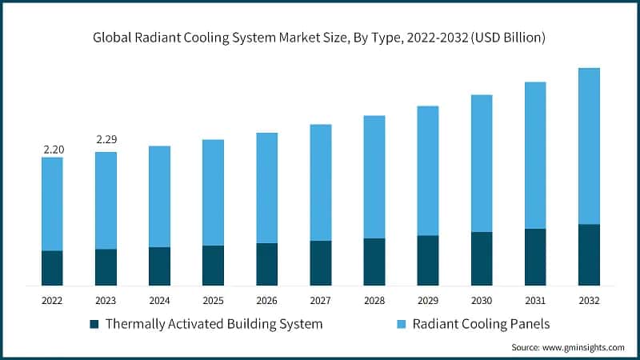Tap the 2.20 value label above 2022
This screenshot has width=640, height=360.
[53, 149]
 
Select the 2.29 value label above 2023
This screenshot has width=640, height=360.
[106, 140]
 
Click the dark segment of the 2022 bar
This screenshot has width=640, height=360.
[53, 268]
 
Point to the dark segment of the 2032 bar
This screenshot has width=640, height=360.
[589, 254]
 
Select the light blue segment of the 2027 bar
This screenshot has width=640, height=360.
[321, 182]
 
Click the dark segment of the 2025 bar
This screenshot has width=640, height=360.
[214, 265]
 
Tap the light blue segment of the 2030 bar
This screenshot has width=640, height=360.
[482, 163]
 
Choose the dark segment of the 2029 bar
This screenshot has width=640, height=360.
[428, 260]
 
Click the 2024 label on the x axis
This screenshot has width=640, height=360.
[160, 300]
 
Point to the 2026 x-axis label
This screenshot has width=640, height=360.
[267, 300]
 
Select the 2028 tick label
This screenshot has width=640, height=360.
[374, 300]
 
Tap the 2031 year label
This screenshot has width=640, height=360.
[535, 300]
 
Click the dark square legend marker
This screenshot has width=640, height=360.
[94, 324]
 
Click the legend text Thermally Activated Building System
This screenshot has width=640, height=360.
[214, 324]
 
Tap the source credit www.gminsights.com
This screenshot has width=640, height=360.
[568, 348]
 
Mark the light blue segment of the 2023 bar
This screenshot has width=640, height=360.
[106, 200]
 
